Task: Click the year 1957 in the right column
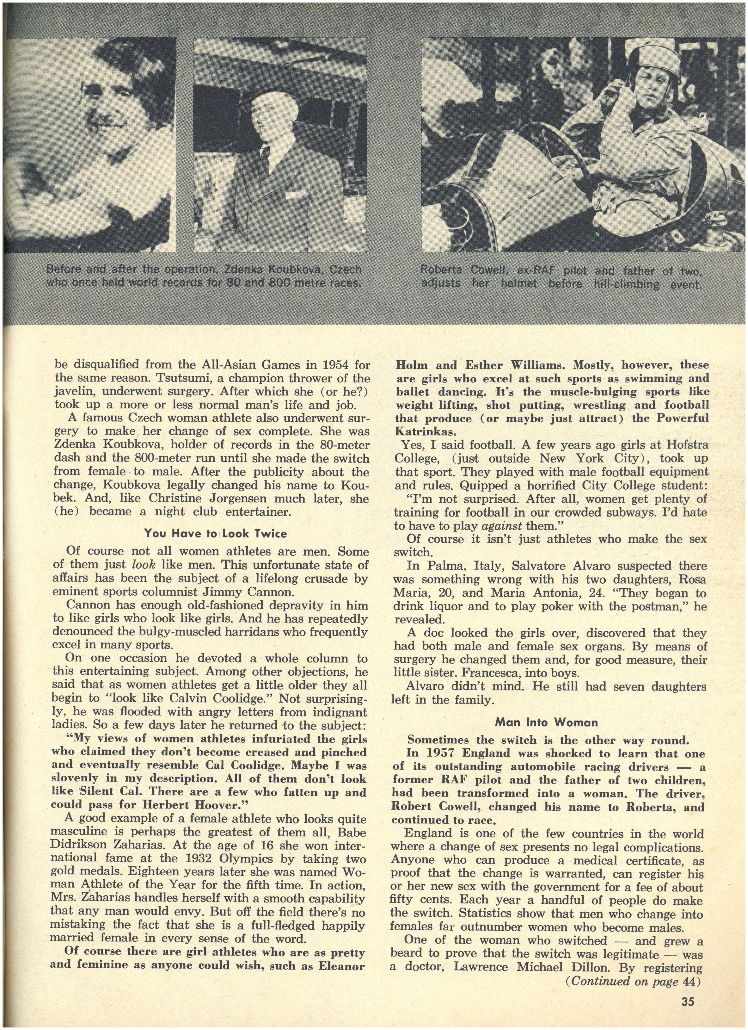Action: point(436,753)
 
